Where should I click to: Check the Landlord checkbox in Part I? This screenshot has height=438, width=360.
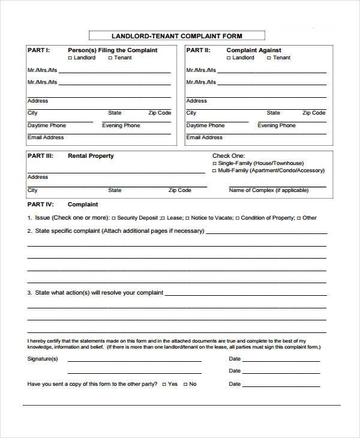[x=70, y=58]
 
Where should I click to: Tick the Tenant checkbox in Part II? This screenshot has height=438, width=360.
[x=269, y=58]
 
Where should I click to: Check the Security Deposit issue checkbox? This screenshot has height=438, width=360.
[x=114, y=218]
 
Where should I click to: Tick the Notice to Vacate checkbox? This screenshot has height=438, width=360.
[x=187, y=218]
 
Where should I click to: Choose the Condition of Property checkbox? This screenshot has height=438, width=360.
[x=238, y=218]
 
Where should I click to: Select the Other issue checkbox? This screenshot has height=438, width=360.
[x=298, y=218]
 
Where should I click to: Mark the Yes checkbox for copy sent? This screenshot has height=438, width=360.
[x=164, y=384]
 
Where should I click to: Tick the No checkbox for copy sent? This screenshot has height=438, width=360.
[x=185, y=384]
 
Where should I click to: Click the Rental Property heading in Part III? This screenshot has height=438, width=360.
[x=91, y=156]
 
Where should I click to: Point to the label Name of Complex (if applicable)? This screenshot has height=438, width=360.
[x=268, y=190]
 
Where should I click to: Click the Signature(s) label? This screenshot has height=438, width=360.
[x=43, y=359]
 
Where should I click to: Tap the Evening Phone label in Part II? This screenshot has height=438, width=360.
[x=277, y=125]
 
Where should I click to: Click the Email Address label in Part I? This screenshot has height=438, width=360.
[x=46, y=137]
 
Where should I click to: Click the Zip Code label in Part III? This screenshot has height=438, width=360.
[x=180, y=190]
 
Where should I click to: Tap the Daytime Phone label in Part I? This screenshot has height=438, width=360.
[x=47, y=125]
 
